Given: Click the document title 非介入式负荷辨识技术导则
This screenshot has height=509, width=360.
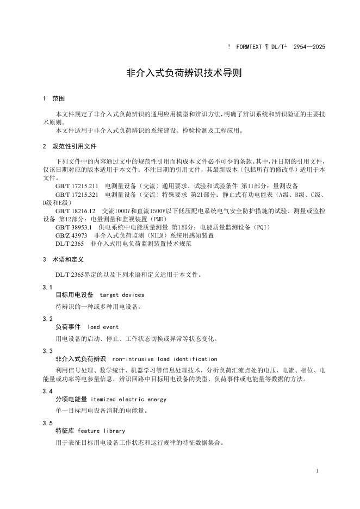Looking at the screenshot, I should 180,72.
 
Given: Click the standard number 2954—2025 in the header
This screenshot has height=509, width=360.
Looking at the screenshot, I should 309,47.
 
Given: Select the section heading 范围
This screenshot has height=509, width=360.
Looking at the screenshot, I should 58,98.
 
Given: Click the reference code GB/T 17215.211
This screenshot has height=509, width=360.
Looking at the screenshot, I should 77,185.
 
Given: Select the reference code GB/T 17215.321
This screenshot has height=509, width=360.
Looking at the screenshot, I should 77,194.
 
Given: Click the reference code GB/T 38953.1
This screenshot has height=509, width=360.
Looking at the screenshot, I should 73,226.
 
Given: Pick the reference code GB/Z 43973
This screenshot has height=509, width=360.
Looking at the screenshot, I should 71,235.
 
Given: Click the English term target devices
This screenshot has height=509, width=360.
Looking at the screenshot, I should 122,295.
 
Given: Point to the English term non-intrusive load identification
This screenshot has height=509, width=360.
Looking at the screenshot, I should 164,359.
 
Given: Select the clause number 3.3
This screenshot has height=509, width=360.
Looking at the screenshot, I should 47,351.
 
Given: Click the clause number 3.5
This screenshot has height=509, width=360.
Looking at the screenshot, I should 47,423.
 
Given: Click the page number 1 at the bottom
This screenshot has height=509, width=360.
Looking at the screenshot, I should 316,471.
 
